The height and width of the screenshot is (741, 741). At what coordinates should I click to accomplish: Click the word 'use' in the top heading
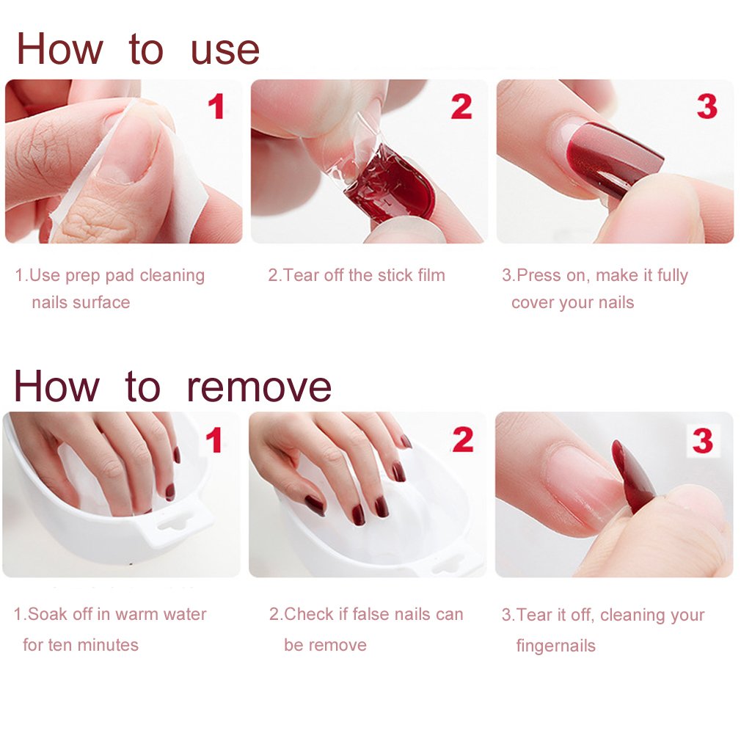pos(225,50)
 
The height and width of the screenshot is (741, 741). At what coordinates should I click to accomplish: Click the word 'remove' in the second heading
pos(258,387)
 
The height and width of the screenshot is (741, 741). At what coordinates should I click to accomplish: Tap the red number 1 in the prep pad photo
pos(216,107)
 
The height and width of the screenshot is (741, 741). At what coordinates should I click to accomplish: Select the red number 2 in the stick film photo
pos(461,107)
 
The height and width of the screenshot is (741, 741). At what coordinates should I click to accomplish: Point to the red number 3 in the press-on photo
pos(707,107)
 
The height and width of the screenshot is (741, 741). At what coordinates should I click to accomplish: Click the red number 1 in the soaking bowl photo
pos(213,440)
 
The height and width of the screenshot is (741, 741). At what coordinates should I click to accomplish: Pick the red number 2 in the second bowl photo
pos(462,440)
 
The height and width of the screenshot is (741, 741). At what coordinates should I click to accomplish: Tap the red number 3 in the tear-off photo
pos(702,441)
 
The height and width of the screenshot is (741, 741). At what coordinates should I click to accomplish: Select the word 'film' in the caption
pos(430,276)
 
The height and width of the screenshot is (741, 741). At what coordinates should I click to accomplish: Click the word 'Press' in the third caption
pos(539,276)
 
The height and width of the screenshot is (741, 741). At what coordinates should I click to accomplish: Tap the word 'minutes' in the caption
pos(108,646)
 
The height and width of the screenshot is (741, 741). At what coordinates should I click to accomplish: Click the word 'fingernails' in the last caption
pos(555,646)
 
